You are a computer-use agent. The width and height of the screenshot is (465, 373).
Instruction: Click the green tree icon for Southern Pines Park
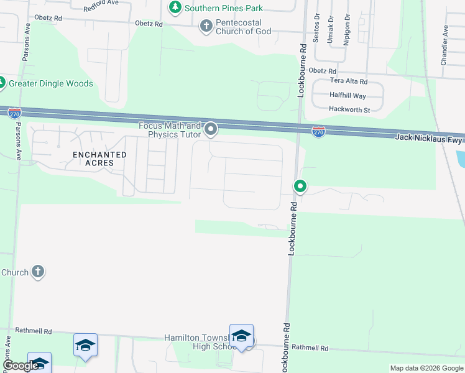175,7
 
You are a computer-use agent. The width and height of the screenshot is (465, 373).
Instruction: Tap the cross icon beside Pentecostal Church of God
206,26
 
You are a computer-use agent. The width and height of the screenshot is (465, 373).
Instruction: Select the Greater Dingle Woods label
51,83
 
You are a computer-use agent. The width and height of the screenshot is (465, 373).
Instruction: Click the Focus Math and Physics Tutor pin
211,129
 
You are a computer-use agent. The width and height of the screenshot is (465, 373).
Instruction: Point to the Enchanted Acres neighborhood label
99,159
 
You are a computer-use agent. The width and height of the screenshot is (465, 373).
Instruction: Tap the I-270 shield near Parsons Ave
15,113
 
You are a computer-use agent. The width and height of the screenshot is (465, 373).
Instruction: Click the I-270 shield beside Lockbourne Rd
318,132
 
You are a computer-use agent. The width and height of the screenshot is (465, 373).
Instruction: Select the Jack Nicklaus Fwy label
429,139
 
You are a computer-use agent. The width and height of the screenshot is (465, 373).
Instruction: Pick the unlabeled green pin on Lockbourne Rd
300,186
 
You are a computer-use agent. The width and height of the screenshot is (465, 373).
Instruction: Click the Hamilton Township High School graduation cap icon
241,336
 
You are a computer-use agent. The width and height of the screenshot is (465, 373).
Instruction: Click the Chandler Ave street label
444,45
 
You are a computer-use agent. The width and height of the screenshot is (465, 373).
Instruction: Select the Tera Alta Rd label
349,81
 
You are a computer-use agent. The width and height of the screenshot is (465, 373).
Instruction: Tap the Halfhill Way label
348,96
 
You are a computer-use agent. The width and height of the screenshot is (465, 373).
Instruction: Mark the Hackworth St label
350,110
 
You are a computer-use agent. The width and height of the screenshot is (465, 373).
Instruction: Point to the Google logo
20,366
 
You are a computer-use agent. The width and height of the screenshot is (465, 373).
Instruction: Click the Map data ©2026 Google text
426,368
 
